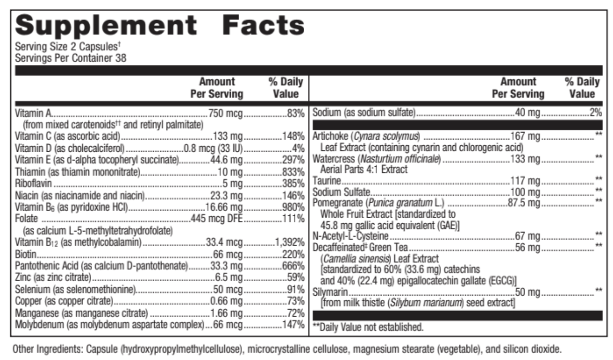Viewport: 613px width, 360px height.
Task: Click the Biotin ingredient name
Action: coord(26,254)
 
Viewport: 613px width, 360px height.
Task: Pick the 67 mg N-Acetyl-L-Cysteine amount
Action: coord(527,235)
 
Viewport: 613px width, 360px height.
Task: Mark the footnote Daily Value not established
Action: coord(371,326)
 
